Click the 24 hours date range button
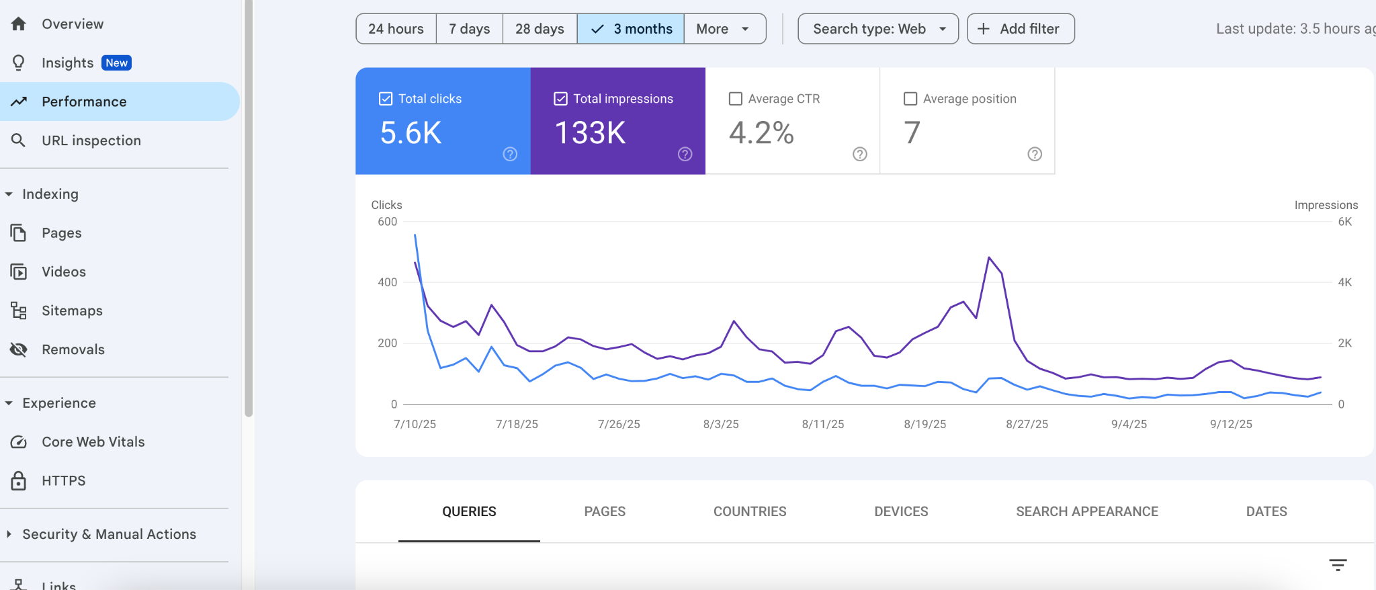(396, 29)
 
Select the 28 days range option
(540, 29)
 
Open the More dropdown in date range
(724, 29)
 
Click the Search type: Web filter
(877, 29)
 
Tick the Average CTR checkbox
(736, 99)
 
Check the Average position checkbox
(910, 99)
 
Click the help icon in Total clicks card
(510, 154)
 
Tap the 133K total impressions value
(590, 132)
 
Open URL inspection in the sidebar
(91, 140)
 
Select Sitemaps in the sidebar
(72, 310)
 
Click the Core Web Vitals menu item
(93, 441)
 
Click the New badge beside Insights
(116, 62)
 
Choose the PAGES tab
(605, 511)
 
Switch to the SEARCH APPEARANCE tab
(1086, 511)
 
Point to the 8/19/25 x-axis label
(924, 424)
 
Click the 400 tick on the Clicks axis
(387, 282)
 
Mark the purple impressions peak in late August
(989, 257)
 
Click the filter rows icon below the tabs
(1338, 565)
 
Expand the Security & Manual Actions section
(109, 534)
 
